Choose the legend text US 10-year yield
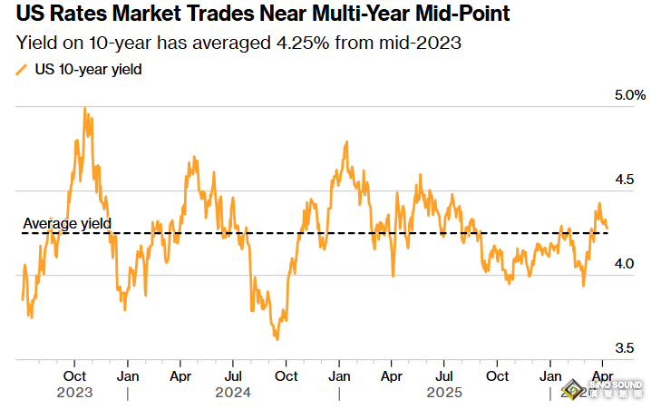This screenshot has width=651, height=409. tap(88, 68)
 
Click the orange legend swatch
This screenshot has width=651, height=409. tap(21, 69)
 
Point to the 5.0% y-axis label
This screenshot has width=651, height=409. tap(629, 95)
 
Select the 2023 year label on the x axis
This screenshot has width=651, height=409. tap(73, 394)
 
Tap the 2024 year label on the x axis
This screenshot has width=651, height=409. tap(233, 394)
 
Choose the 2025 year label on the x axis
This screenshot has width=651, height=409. tap(444, 394)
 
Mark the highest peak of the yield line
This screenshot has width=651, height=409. tap(84, 108)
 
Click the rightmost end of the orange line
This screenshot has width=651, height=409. tap(607, 229)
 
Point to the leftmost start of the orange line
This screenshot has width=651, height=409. tap(22, 298)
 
